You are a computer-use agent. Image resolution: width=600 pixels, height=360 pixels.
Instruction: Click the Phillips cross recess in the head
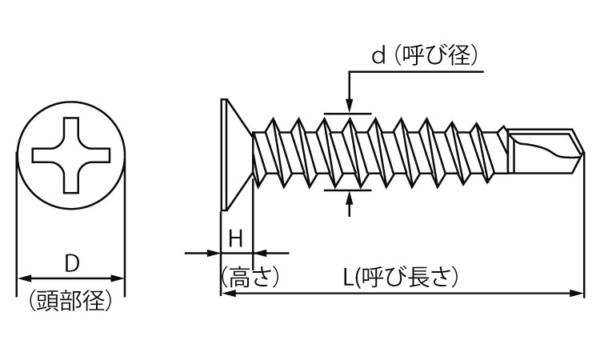[x=71, y=155]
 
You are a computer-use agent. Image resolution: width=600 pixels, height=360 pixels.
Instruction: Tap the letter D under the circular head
[x=71, y=263]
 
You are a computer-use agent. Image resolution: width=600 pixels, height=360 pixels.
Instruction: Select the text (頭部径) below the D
[x=70, y=301]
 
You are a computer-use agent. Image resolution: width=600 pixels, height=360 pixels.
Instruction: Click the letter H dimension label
[x=236, y=238]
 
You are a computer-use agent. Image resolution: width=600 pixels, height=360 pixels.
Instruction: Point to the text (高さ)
[x=250, y=277]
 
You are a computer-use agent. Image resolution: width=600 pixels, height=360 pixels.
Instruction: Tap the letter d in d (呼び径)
[x=378, y=56]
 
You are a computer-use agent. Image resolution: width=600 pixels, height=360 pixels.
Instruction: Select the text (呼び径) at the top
[x=436, y=56]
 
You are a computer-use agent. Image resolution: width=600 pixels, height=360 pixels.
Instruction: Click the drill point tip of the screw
[x=583, y=153]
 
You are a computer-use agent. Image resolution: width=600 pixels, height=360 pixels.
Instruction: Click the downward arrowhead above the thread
[x=349, y=106]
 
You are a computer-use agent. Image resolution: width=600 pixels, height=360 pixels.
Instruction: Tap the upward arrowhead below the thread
[x=349, y=198]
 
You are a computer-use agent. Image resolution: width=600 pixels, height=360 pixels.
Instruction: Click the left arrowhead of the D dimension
[x=25, y=278]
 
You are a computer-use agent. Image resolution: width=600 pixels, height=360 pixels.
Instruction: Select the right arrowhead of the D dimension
[x=118, y=278]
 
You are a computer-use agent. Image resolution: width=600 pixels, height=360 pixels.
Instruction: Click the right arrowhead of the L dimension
[x=577, y=294]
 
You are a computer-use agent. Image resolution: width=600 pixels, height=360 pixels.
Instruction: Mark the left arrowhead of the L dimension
[x=229, y=294]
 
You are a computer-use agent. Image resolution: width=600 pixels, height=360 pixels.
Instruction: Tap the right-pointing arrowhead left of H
[x=214, y=253]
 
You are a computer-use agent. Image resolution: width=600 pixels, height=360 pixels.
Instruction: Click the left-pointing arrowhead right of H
[x=260, y=253]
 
